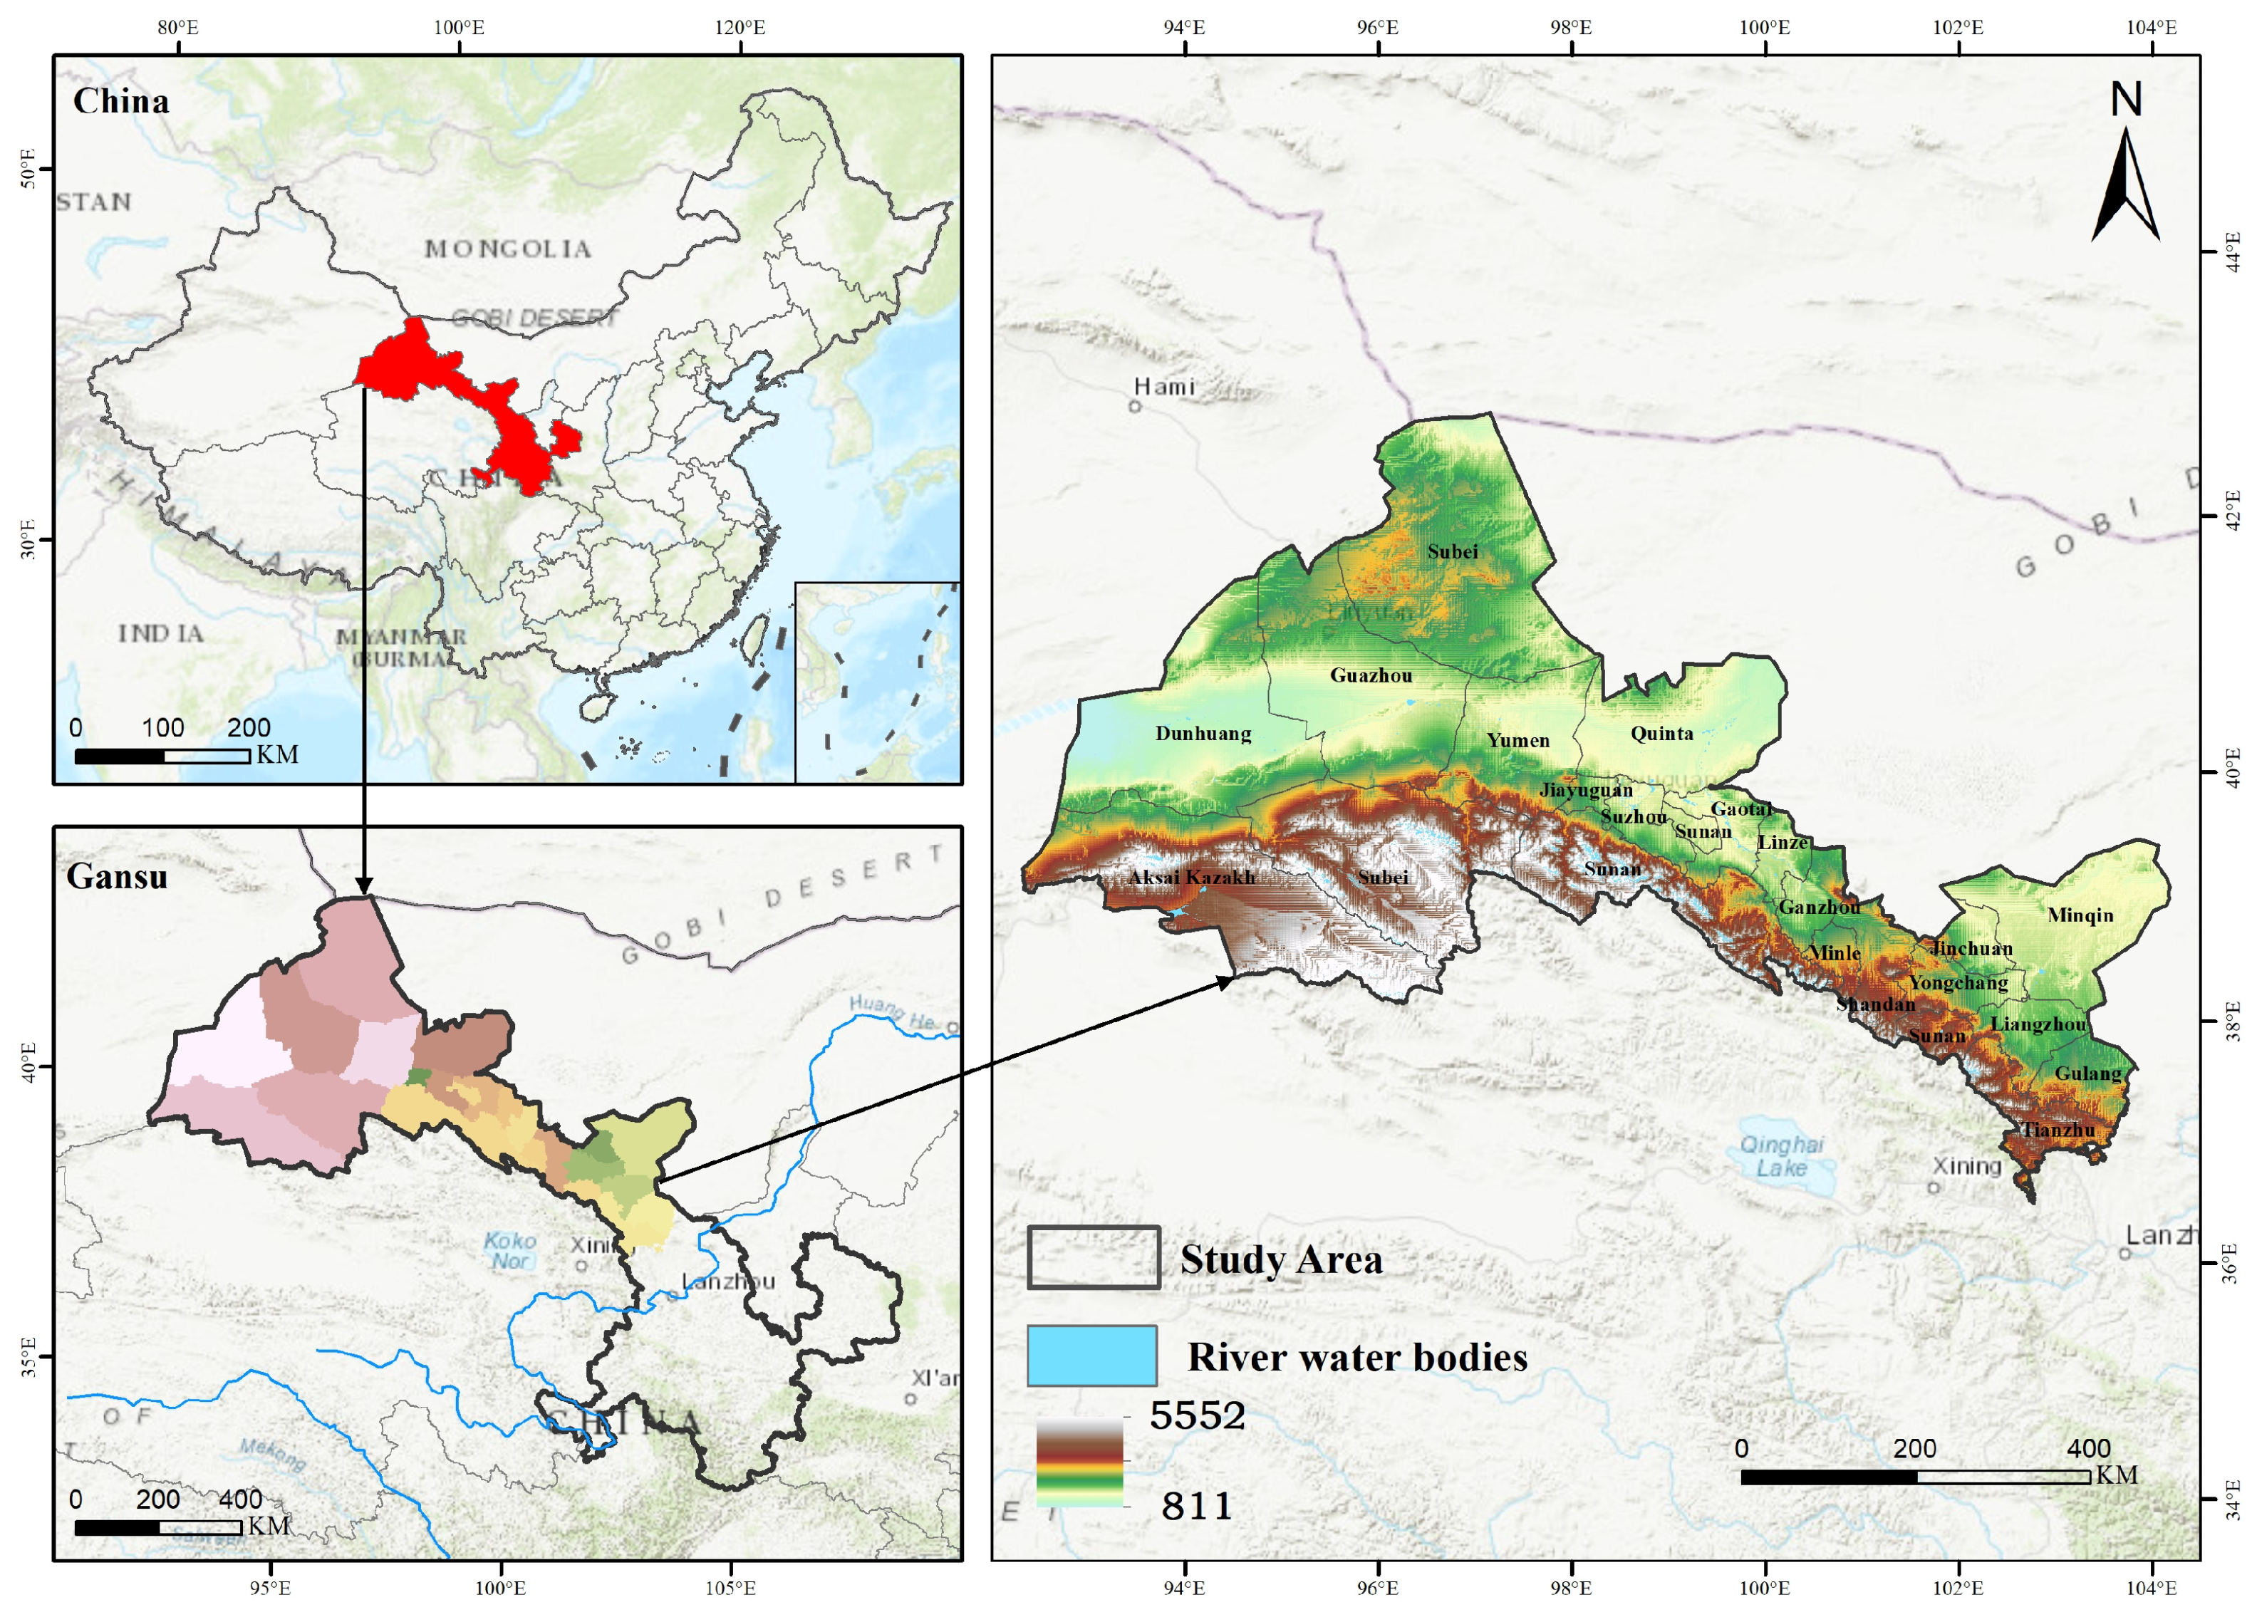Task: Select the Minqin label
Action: click(x=2080, y=915)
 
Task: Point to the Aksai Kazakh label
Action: click(x=1191, y=878)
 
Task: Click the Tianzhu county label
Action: click(x=2058, y=1130)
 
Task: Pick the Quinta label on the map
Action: click(x=1661, y=734)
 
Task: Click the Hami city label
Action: click(x=1163, y=387)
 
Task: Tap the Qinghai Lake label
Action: click(x=1780, y=1156)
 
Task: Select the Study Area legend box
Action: click(x=1093, y=1258)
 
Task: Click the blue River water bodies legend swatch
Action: click(x=1091, y=1356)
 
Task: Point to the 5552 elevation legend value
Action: click(x=1197, y=1415)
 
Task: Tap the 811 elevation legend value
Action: click(x=1196, y=1507)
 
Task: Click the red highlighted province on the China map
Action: click(x=468, y=398)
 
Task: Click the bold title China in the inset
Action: click(x=120, y=101)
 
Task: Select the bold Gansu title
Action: click(x=116, y=877)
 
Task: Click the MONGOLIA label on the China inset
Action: click(x=507, y=249)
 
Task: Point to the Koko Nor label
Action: click(x=509, y=1251)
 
